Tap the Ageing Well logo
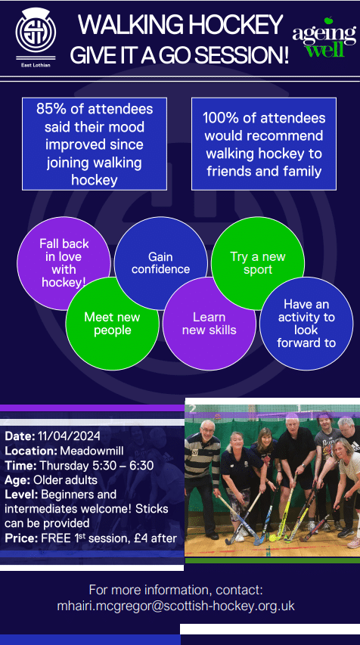coord(324,37)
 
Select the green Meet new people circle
coord(113,324)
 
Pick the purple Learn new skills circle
coord(209,324)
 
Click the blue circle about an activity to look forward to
coord(306,324)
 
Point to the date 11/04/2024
coord(69,436)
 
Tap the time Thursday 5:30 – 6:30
coord(96,466)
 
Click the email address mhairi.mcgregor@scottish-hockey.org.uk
coord(176,606)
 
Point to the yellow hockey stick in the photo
coord(287,507)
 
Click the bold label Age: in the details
coord(17,480)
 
